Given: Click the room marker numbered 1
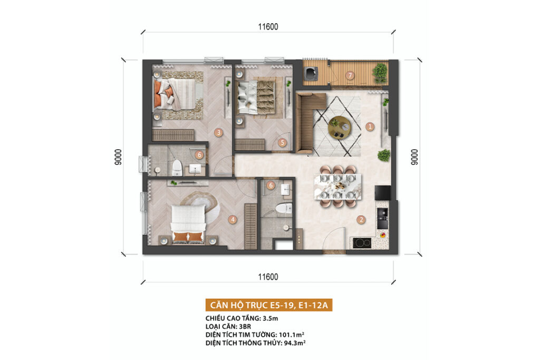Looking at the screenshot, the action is click(x=370, y=127).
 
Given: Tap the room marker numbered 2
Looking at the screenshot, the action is click(x=361, y=220).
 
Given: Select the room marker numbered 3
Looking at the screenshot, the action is click(x=218, y=132).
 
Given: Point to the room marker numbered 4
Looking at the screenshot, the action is click(x=233, y=220).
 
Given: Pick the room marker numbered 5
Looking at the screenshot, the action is click(x=282, y=142).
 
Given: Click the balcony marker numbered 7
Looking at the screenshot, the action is click(x=350, y=75).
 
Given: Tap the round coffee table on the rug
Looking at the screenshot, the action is click(x=340, y=128).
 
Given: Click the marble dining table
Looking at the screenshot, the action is click(x=337, y=187).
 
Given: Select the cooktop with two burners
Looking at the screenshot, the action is click(x=362, y=243).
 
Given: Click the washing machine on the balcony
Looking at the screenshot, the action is click(x=311, y=73).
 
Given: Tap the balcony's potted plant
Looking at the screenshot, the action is click(x=380, y=73).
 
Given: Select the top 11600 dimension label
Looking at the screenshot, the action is click(x=268, y=26).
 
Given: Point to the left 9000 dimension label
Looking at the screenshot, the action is click(x=118, y=157).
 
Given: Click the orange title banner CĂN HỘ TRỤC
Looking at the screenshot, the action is click(x=268, y=305).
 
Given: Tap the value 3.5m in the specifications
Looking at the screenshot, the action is click(x=271, y=318).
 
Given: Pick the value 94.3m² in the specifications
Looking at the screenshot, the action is click(x=295, y=343).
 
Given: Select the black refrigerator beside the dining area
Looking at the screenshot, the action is click(x=383, y=193).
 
